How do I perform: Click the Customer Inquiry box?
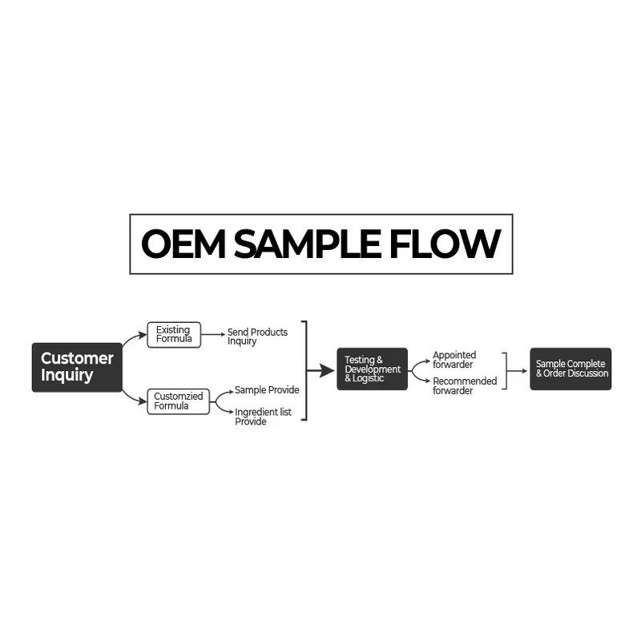(77, 368)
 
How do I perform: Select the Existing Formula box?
(173, 335)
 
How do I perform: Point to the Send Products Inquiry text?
(256, 337)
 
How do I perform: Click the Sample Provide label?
(267, 390)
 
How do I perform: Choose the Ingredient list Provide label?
(263, 417)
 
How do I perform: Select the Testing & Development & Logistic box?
(372, 369)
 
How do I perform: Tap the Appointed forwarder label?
(454, 360)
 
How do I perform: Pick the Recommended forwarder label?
(465, 386)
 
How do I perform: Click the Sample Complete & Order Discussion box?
(570, 369)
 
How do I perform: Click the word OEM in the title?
(182, 244)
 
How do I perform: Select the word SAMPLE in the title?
(305, 244)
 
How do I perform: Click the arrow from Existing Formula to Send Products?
(213, 335)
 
